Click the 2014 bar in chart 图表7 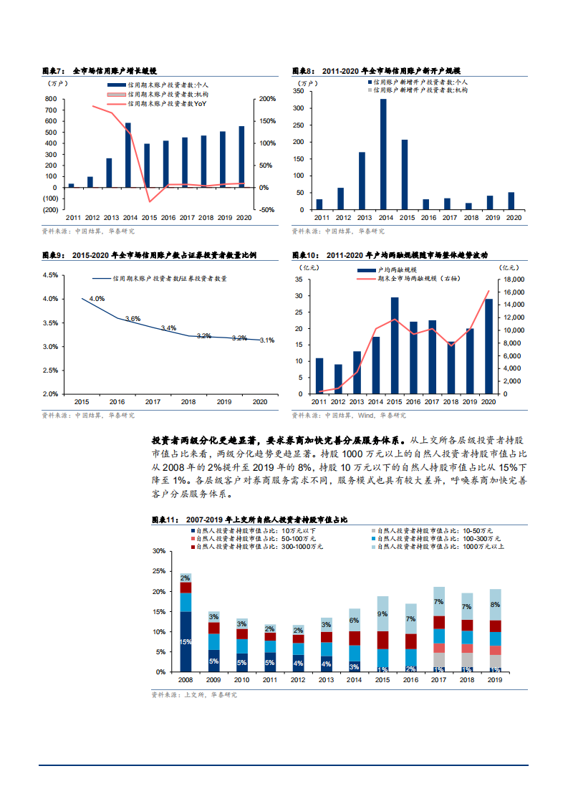coord(128,155)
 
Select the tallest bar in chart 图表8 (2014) coord(383,155)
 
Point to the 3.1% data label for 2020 coord(266,340)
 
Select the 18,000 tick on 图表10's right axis coord(515,279)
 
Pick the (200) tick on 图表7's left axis coord(50,210)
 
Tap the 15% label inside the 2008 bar coord(186,642)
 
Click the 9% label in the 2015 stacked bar coord(382,613)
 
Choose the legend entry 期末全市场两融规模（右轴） coord(419,278)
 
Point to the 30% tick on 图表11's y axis coord(159,551)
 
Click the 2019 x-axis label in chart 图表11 coord(495,680)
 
